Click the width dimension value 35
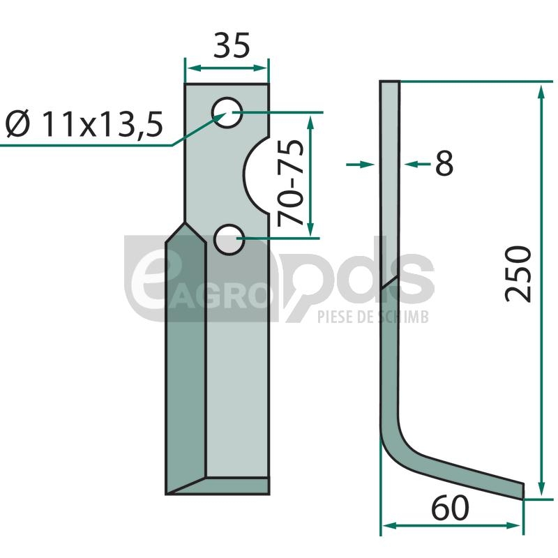pyautogui.click(x=232, y=45)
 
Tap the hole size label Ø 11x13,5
pyautogui.click(x=84, y=124)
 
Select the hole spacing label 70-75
pyautogui.click(x=290, y=183)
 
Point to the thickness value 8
pyautogui.click(x=444, y=163)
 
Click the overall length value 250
pyautogui.click(x=518, y=273)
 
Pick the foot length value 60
pyautogui.click(x=450, y=508)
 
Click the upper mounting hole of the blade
pyautogui.click(x=227, y=112)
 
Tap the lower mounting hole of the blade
pyautogui.click(x=229, y=239)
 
